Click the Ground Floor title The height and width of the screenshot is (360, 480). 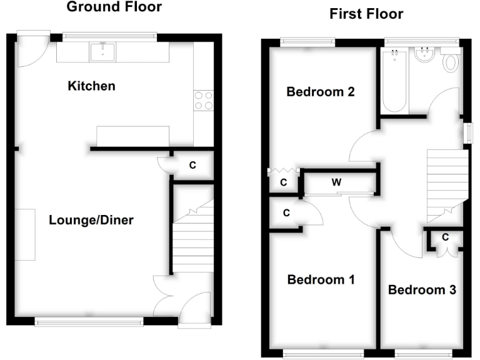pyautogui.click(x=114, y=7)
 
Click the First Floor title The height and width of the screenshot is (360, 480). pyautogui.click(x=366, y=14)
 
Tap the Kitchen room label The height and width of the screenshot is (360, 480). pyautogui.click(x=91, y=86)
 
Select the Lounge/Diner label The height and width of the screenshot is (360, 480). pyautogui.click(x=91, y=220)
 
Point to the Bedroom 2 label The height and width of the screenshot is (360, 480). pyautogui.click(x=321, y=92)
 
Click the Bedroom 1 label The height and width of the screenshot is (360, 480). pyautogui.click(x=321, y=279)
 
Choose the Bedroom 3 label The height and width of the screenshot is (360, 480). pyautogui.click(x=422, y=290)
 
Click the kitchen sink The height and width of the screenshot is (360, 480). pyautogui.click(x=101, y=51)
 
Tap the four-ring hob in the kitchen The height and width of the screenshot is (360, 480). pyautogui.click(x=204, y=101)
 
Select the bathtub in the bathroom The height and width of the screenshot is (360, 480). pyautogui.click(x=394, y=81)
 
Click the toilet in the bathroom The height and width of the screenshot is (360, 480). pyautogui.click(x=451, y=62)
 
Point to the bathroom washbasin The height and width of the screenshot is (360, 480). pyautogui.click(x=424, y=56)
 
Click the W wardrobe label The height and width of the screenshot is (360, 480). pyautogui.click(x=336, y=183)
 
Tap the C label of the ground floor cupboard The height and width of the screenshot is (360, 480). pyautogui.click(x=192, y=166)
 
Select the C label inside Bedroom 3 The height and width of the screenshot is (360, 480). pyautogui.click(x=445, y=237)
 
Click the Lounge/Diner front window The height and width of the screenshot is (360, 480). pyautogui.click(x=89, y=322)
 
